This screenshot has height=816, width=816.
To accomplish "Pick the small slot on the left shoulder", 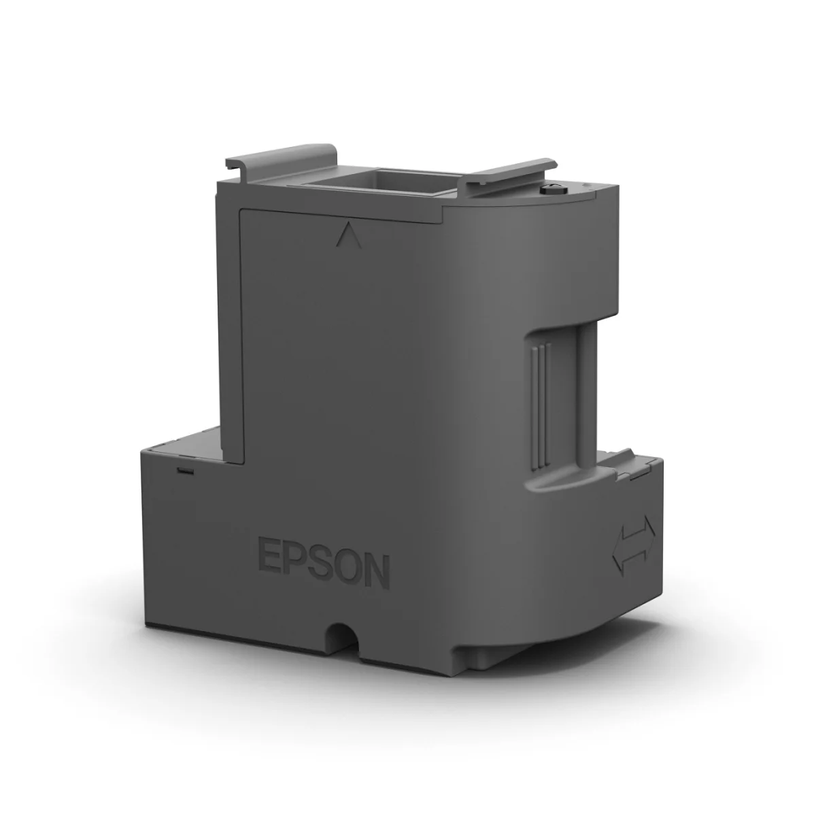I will [x=184, y=469].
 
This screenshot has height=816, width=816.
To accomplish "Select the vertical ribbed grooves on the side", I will [x=540, y=401].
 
